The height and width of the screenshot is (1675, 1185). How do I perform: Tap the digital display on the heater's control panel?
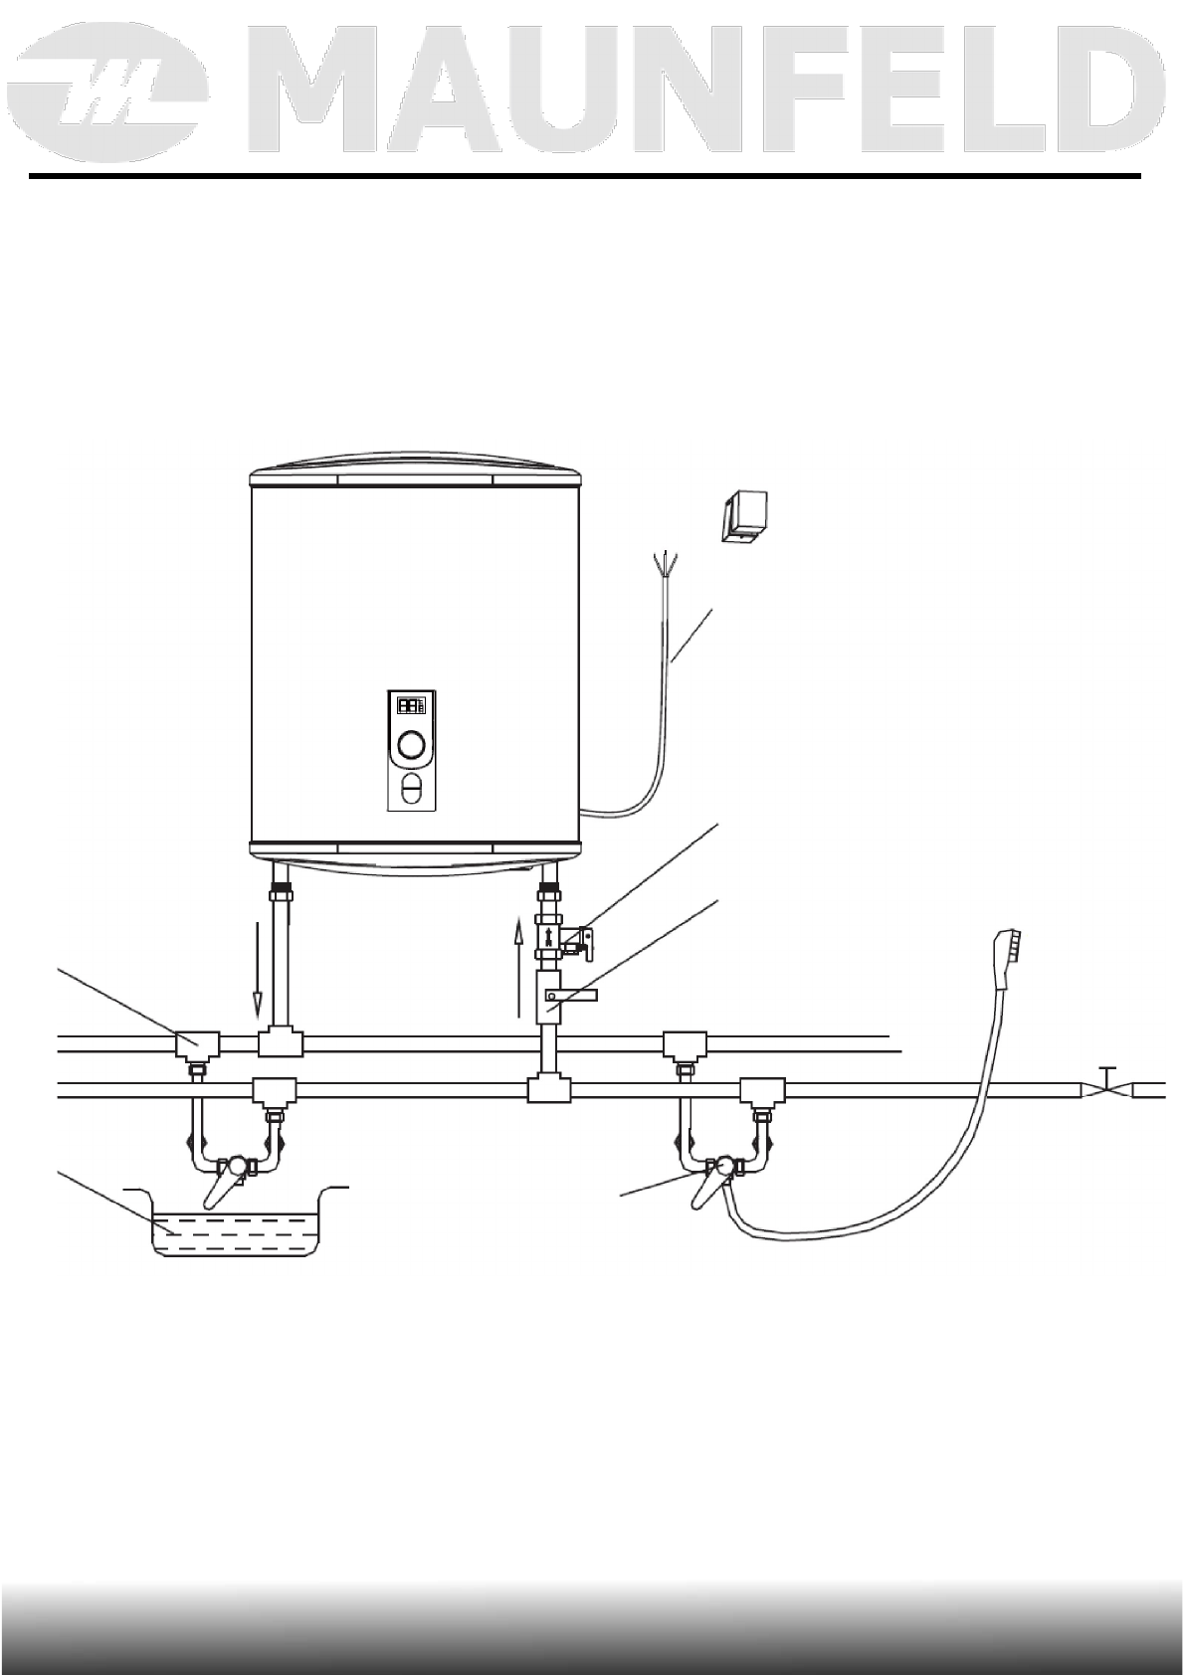(411, 705)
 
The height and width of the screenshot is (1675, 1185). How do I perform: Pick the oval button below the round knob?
(411, 790)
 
